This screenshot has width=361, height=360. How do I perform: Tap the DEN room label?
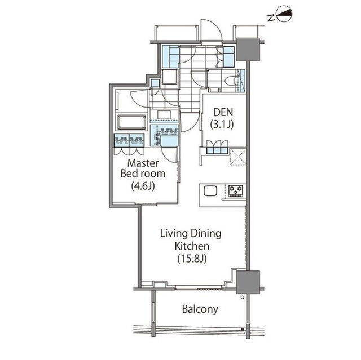(223, 112)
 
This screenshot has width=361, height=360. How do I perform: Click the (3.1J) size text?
(222, 125)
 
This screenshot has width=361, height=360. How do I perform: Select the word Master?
(143, 163)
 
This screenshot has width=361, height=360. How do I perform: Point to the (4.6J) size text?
(143, 186)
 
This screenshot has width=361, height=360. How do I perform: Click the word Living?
(174, 234)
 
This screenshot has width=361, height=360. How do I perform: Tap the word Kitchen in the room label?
(192, 246)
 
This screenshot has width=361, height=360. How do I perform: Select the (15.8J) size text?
(192, 259)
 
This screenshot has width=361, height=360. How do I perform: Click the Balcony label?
(200, 309)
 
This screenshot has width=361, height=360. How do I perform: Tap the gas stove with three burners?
(236, 191)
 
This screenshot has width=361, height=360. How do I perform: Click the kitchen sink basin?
(210, 191)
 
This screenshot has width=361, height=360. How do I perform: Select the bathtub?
(131, 122)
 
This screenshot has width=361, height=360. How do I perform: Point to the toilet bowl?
(230, 81)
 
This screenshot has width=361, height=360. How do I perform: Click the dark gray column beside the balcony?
(248, 282)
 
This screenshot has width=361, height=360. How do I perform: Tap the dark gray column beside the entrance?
(248, 50)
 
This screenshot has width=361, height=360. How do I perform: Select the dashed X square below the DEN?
(238, 157)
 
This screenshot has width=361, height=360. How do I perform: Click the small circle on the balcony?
(242, 297)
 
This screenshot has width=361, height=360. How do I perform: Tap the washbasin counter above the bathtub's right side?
(164, 115)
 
